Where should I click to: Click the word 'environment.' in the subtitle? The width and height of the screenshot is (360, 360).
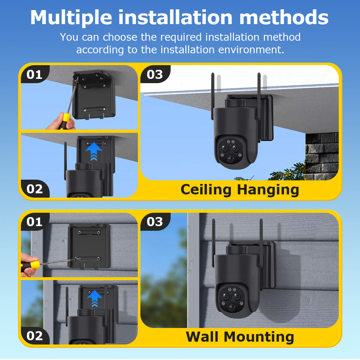click(x=251, y=50)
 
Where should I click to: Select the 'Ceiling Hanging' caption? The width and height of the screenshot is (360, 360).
click(x=240, y=189)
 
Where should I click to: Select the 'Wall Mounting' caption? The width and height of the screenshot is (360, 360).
click(x=240, y=337)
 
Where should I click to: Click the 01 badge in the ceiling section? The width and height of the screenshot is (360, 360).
click(x=35, y=75)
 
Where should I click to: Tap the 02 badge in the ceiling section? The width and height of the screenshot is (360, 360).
click(x=35, y=189)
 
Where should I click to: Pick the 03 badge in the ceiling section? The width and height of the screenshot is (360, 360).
click(x=155, y=75)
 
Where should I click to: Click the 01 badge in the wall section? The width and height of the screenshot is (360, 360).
click(x=35, y=222)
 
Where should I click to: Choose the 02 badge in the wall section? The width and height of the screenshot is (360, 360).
click(x=35, y=336)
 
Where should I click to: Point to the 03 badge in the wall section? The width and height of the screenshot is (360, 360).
click(x=155, y=222)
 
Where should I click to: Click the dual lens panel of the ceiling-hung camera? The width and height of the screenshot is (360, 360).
click(x=230, y=149)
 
